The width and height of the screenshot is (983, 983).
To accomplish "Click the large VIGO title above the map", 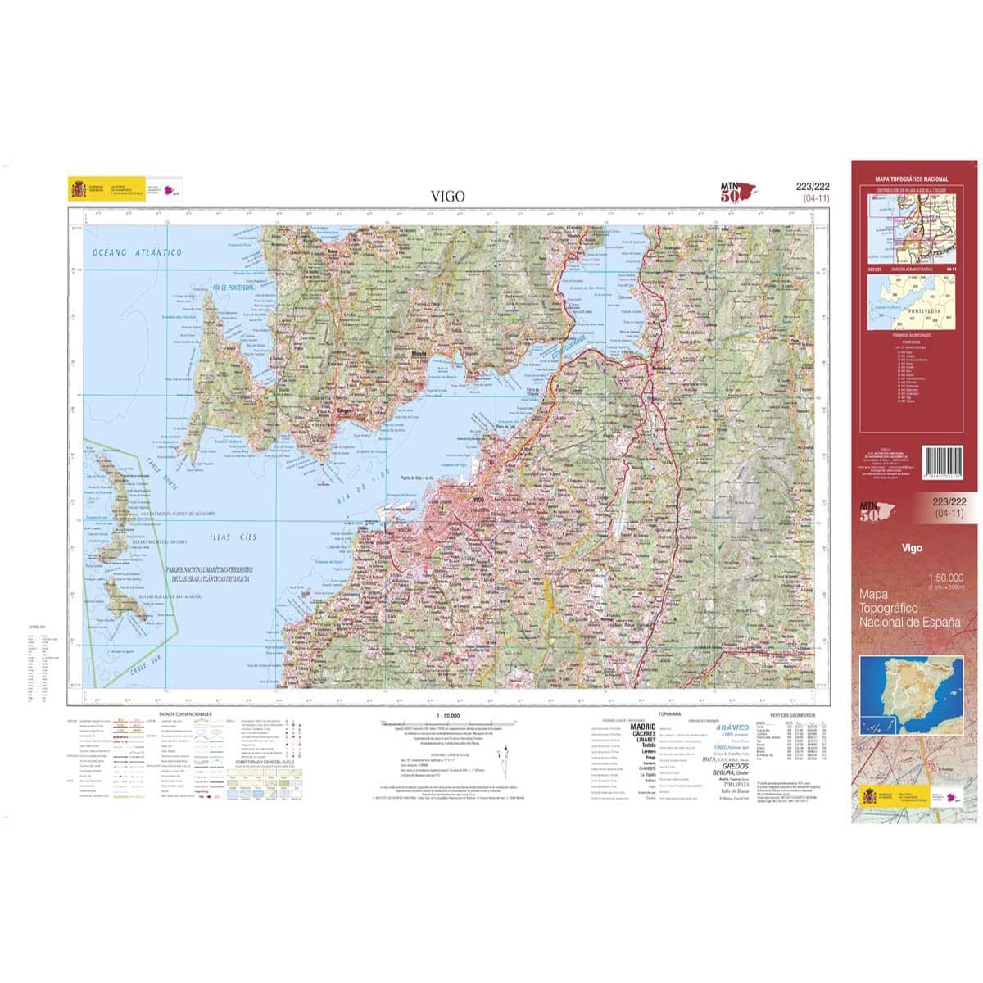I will click(x=448, y=196).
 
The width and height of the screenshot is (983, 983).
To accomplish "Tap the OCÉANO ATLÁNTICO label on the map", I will click(x=138, y=252).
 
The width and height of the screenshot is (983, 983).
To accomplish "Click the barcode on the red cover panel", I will click(x=944, y=468).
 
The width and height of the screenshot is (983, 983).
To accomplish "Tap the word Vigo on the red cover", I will click(x=912, y=548).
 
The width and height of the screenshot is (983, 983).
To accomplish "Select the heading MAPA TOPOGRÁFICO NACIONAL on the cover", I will click(x=912, y=179).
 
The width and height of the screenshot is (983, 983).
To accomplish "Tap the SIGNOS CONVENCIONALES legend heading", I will click(x=185, y=714).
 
